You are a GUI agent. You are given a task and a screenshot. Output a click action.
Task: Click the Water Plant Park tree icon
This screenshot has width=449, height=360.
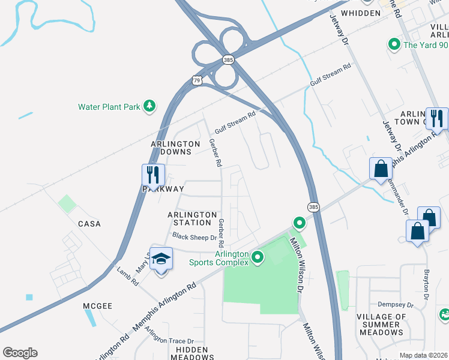149,107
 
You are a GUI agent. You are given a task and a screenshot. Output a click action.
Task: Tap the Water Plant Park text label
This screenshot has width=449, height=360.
109,107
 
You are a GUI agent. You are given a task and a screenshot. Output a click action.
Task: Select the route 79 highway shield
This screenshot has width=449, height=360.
197,80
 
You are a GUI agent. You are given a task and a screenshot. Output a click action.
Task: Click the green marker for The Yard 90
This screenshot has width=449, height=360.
394,44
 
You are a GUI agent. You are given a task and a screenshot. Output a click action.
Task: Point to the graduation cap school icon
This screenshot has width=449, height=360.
160,259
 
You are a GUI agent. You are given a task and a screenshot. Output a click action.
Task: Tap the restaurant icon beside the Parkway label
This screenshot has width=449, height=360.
153,175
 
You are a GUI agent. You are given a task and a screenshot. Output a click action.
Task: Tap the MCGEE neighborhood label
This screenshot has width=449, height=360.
98,306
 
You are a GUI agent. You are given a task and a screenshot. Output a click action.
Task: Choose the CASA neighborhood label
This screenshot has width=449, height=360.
89,224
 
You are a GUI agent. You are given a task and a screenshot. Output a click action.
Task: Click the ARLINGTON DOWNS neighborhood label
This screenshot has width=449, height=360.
175,148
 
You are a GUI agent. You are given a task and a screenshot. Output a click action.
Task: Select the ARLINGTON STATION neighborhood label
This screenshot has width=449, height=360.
192,218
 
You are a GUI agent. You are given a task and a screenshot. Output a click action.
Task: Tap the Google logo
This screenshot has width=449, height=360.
20,353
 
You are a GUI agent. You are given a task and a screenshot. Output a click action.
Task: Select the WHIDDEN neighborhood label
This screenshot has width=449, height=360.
360,13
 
